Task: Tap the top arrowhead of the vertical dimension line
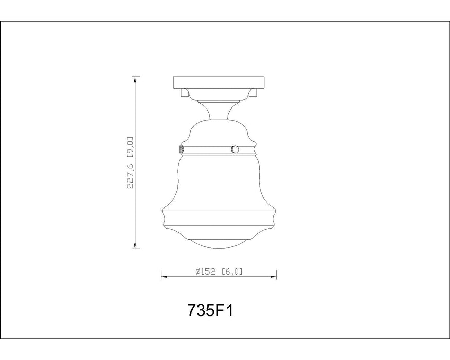(136, 80)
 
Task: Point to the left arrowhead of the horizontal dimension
(165, 277)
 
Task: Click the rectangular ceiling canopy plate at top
(219, 82)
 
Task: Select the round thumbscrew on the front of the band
(235, 149)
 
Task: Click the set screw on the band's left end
(181, 149)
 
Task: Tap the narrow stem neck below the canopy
(219, 109)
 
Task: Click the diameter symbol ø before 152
(199, 273)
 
